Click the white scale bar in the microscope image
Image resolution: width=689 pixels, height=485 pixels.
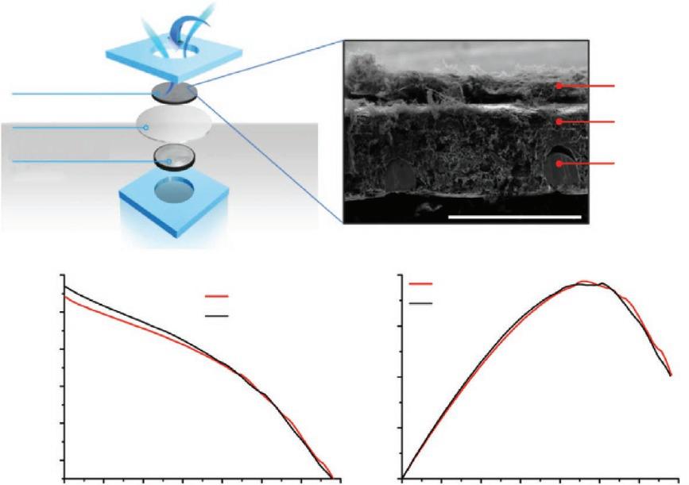click(513, 215)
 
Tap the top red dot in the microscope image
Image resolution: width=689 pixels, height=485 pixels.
click(560, 85)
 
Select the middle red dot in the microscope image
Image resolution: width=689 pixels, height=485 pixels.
click(560, 121)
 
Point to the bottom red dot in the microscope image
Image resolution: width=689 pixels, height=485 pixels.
click(560, 164)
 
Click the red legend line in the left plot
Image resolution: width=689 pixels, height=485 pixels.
click(217, 297)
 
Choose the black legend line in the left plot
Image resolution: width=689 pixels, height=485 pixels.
click(217, 316)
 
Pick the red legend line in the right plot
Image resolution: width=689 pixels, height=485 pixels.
click(421, 283)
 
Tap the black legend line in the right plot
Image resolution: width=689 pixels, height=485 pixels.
click(421, 302)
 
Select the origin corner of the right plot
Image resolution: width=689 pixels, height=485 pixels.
click(403, 479)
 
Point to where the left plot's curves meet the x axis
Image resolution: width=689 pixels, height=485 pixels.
click(332, 478)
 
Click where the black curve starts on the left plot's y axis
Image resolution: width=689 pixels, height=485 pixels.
click(64, 287)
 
